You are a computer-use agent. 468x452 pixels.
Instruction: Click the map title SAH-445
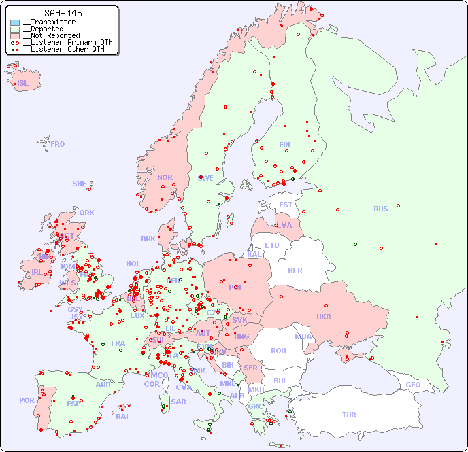63,13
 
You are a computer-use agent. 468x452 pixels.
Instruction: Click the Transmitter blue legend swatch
15,22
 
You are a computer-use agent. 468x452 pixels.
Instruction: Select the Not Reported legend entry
51,35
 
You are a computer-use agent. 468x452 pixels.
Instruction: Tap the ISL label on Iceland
23,84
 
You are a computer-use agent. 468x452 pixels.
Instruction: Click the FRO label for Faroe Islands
58,144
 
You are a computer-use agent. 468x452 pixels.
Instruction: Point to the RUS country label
380,209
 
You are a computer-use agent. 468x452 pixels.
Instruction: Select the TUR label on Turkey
349,415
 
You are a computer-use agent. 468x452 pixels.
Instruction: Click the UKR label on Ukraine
323,317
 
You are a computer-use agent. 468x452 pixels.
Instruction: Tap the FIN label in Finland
284,145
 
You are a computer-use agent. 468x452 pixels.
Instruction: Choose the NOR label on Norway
165,177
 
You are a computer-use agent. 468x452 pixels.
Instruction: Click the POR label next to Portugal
27,400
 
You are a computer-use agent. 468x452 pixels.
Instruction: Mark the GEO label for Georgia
413,385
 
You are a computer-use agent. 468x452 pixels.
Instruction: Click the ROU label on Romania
278,351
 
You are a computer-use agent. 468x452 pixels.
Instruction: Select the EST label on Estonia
286,205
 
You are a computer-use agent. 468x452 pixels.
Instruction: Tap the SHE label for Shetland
80,184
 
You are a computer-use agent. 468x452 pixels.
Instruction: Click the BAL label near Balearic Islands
122,417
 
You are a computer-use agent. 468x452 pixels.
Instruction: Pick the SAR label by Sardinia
178,402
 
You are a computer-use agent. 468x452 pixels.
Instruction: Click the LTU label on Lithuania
272,245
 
